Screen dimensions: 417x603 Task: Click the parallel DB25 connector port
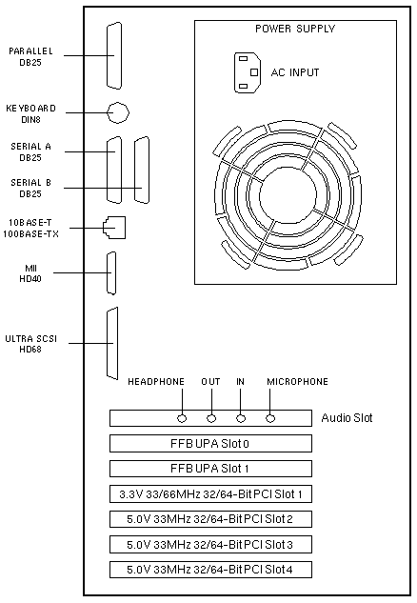click(114, 56)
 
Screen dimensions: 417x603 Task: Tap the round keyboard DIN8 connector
click(118, 112)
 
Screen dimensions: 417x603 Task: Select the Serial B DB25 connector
click(142, 170)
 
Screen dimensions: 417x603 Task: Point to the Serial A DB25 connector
click(114, 170)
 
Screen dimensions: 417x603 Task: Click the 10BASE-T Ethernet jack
click(114, 228)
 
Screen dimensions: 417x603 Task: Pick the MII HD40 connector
click(111, 273)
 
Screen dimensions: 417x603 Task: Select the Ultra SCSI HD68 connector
click(112, 344)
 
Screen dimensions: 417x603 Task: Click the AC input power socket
click(248, 72)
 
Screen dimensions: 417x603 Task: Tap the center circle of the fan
click(288, 196)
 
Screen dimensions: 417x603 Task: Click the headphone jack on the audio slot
click(182, 418)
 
